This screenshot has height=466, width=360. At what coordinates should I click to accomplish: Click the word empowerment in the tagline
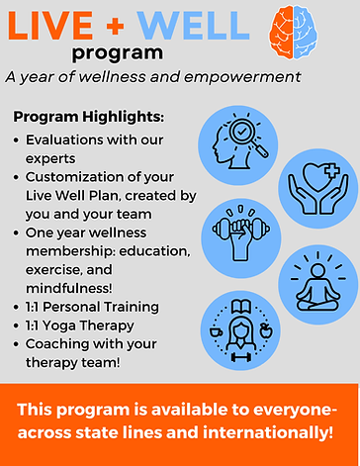236,77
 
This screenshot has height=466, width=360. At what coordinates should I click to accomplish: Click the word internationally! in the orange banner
270,433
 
